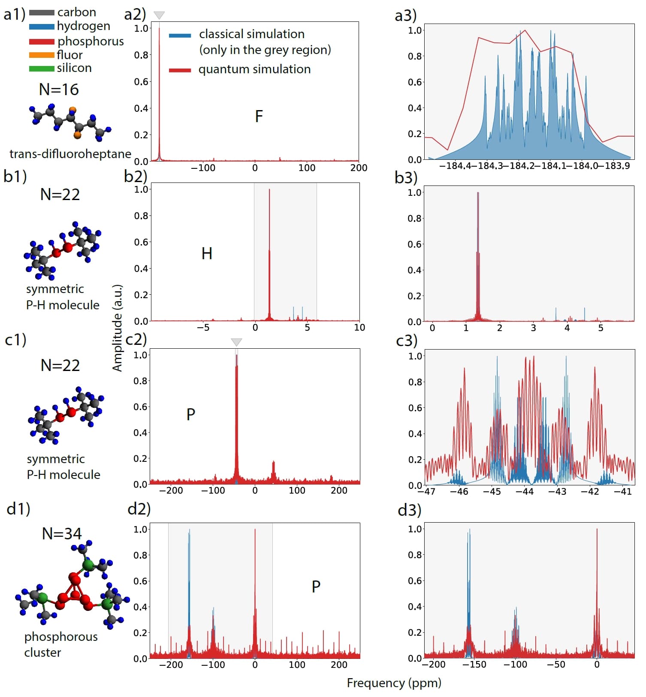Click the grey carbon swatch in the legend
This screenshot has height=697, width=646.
(x=42, y=13)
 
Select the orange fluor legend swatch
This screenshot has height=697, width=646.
(x=42, y=55)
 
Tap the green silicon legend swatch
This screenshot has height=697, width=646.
(x=42, y=69)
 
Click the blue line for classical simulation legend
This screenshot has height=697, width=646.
(x=180, y=36)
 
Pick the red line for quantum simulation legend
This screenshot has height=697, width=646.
(x=180, y=70)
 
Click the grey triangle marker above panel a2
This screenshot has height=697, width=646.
(x=159, y=15)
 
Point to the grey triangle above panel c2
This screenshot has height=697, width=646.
(x=236, y=342)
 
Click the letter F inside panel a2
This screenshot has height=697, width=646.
(x=259, y=116)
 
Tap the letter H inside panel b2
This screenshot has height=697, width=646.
(x=207, y=254)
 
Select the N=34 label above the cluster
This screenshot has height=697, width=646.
(x=62, y=533)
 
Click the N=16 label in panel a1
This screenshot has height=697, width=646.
(x=59, y=89)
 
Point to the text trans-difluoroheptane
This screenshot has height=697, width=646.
(x=70, y=154)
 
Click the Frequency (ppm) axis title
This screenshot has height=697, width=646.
(x=394, y=682)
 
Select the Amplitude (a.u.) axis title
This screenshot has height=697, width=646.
(x=117, y=328)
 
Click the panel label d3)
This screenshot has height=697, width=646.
(x=409, y=510)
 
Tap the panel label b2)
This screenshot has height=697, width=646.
(x=136, y=176)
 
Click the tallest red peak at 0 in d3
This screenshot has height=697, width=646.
(x=597, y=531)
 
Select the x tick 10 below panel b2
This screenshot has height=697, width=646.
(x=359, y=327)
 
